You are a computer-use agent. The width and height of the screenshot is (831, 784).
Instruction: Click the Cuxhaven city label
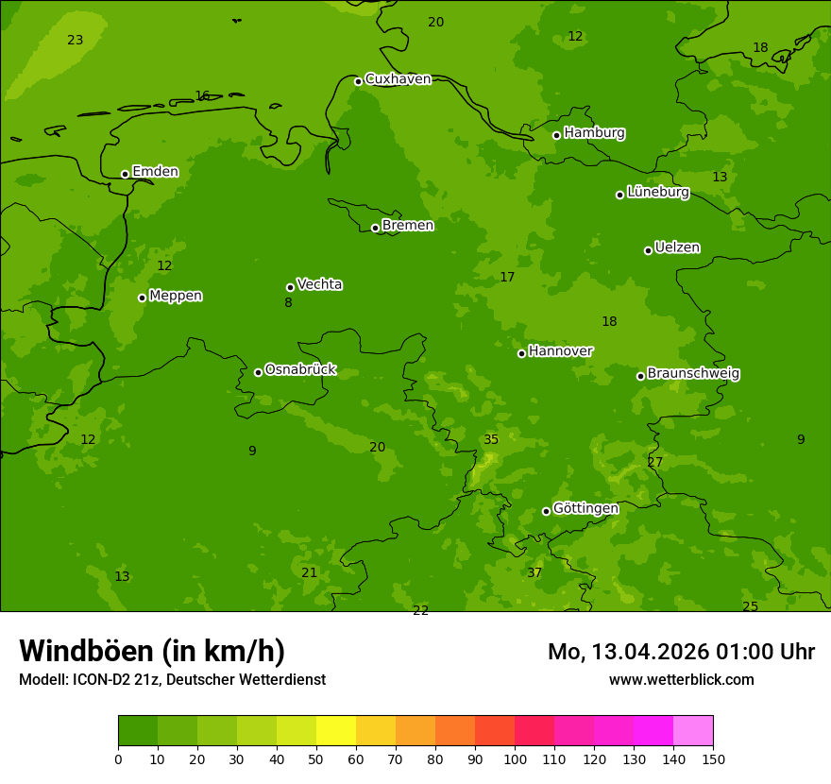click(398, 79)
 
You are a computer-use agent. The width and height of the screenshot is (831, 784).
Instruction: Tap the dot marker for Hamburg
click(556, 135)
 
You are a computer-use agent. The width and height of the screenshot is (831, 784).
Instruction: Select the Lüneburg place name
click(658, 192)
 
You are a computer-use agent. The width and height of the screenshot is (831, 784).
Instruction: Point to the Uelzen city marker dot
click(648, 250)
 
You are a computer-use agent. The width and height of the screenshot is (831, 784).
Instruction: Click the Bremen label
click(408, 226)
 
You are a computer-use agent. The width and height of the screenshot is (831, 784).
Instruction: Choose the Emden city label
click(155, 172)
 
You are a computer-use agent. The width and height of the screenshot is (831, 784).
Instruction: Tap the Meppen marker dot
click(142, 298)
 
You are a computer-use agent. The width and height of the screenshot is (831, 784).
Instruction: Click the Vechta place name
click(319, 284)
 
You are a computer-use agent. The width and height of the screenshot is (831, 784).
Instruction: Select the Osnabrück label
click(300, 369)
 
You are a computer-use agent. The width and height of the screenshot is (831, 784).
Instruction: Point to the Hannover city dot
click(521, 353)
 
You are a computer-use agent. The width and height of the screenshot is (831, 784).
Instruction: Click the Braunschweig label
click(693, 374)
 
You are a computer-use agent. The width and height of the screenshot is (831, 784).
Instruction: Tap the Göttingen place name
click(585, 508)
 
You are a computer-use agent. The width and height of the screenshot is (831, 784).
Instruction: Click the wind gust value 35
click(491, 440)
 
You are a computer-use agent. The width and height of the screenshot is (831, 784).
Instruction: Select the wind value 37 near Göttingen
click(534, 573)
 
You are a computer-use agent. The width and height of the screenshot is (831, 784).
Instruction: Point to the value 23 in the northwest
click(76, 40)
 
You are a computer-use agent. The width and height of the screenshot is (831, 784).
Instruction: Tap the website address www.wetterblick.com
click(681, 680)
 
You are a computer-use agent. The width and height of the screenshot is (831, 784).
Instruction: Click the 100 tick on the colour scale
click(515, 758)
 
